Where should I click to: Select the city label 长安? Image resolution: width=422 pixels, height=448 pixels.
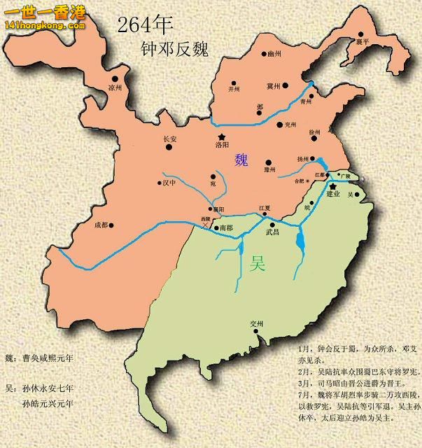(170, 139)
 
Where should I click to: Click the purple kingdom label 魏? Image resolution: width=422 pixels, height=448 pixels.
(242, 160)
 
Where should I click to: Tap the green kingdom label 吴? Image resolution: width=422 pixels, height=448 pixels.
(258, 264)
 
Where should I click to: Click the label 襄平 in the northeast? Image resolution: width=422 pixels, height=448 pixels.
(363, 41)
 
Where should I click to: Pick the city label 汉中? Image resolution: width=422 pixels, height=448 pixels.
(171, 183)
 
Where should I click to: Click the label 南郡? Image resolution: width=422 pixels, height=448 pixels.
(226, 228)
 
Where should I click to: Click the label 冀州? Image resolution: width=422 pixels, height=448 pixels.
(273, 87)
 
